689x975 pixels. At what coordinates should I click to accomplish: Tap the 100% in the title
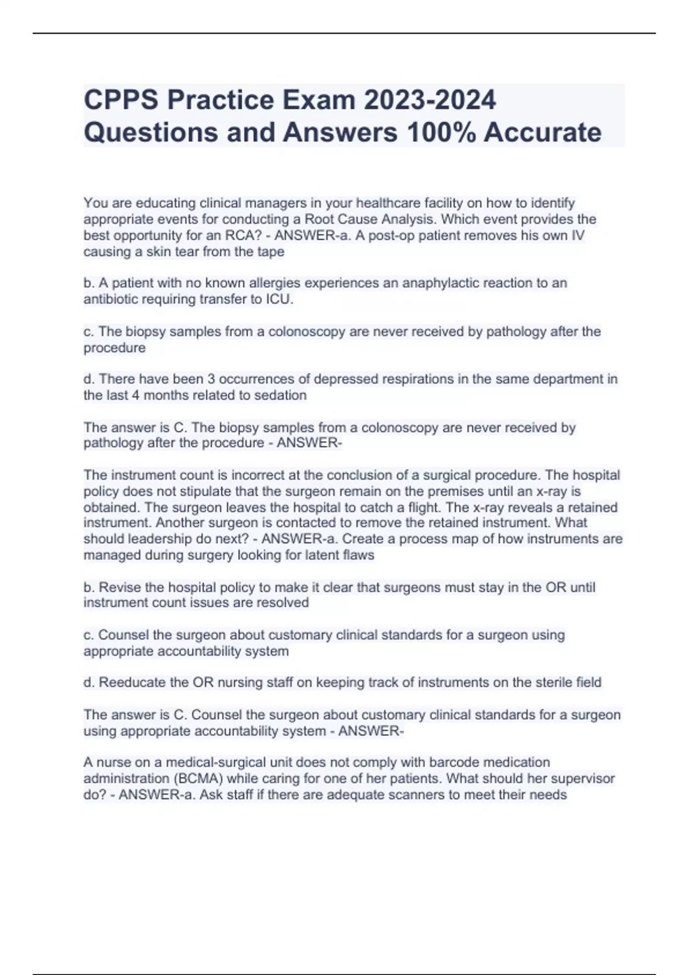pyautogui.click(x=440, y=132)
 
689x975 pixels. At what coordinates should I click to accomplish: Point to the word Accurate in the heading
pyautogui.click(x=543, y=132)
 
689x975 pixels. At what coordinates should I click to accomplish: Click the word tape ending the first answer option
pyautogui.click(x=270, y=252)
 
